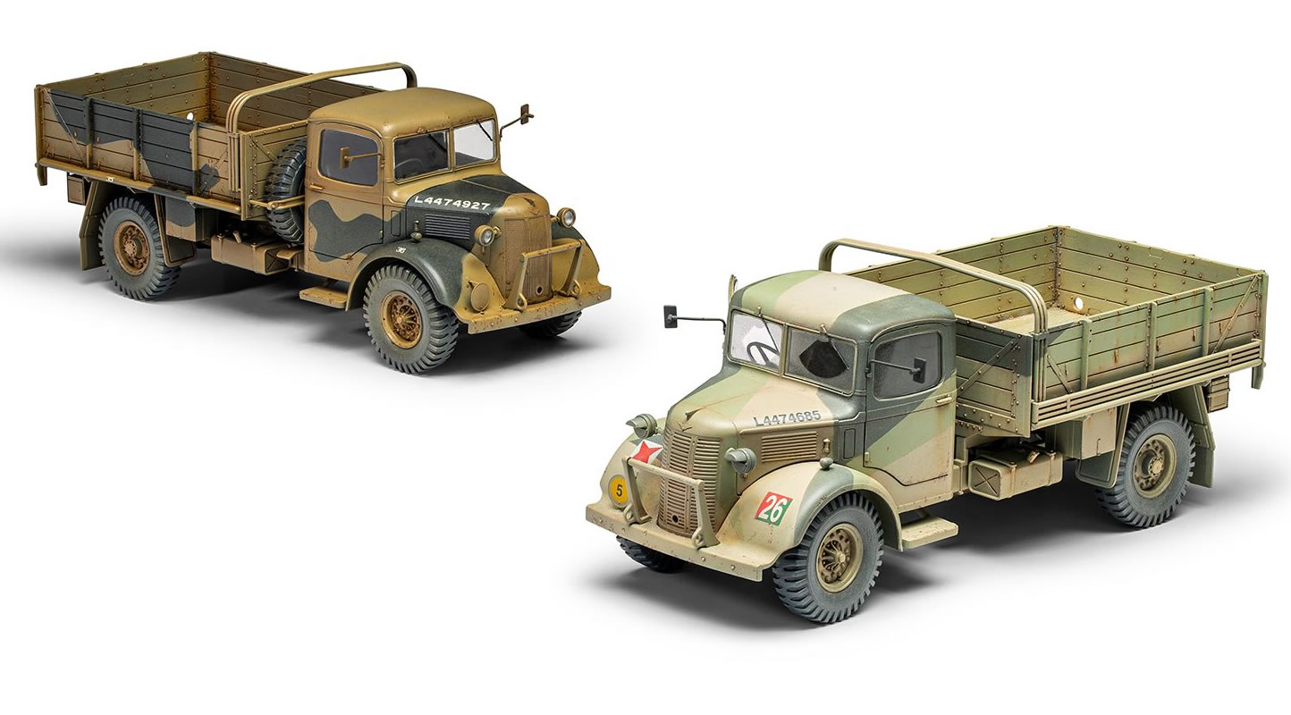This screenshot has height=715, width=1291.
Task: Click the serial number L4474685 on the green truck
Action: point(787,416)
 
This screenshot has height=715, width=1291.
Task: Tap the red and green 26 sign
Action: point(774,508)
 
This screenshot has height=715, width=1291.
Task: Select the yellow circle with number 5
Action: point(619,490)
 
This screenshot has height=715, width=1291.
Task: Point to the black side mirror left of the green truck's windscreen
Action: point(671,315)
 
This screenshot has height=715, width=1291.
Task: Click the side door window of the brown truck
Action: point(349,157)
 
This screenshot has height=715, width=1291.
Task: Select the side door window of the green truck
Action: point(906,363)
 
